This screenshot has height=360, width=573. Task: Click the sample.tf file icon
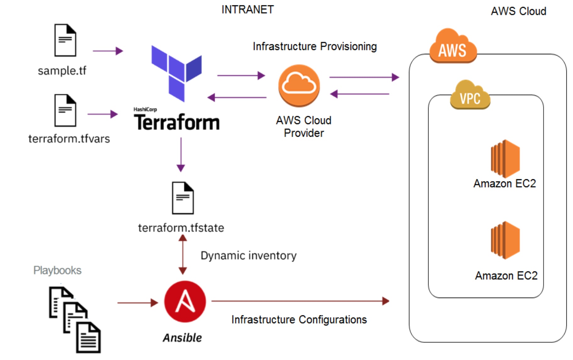[x=65, y=40]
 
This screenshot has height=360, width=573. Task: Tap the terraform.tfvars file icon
[x=65, y=110]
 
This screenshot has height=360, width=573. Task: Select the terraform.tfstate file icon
[x=183, y=198]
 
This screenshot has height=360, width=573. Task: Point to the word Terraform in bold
[x=177, y=122]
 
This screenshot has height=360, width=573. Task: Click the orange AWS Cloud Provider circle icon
[x=299, y=86]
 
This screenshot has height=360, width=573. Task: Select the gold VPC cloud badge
[x=470, y=95]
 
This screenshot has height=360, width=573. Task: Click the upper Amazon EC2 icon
[x=505, y=159]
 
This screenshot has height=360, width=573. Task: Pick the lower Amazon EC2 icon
[x=505, y=240]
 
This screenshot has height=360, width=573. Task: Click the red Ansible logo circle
[x=185, y=302]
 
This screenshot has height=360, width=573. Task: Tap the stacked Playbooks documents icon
[x=75, y=319]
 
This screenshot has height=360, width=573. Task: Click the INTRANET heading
[x=248, y=10]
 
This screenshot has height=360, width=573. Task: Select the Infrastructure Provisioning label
[x=314, y=47]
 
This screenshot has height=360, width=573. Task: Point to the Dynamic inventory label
[x=248, y=256]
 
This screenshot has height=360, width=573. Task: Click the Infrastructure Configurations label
[x=299, y=320]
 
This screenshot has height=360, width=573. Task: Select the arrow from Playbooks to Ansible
[x=137, y=303]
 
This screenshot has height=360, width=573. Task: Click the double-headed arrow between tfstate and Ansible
[x=183, y=255]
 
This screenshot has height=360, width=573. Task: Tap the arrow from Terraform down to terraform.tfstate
[x=181, y=154]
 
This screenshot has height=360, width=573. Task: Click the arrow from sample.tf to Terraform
[x=108, y=51]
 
